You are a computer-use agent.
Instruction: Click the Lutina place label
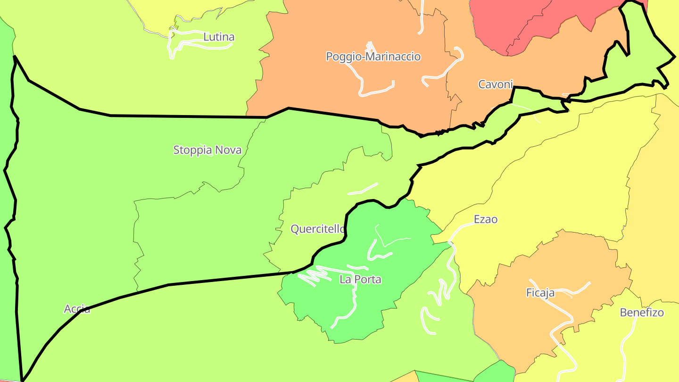coord(219,37)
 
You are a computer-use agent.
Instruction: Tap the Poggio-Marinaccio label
coord(373,57)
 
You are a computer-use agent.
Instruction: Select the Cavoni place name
coord(495,84)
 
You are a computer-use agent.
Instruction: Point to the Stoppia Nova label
coord(207,150)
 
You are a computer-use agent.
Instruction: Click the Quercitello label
coord(317,229)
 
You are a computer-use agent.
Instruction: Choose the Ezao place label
coord(486,219)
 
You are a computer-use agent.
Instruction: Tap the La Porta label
coord(360,279)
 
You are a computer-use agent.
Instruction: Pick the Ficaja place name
coord(540,293)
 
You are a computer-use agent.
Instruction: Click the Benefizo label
coord(642,312)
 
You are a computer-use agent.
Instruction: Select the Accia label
coord(77,309)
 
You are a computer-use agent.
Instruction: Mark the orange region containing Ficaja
coord(519,321)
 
